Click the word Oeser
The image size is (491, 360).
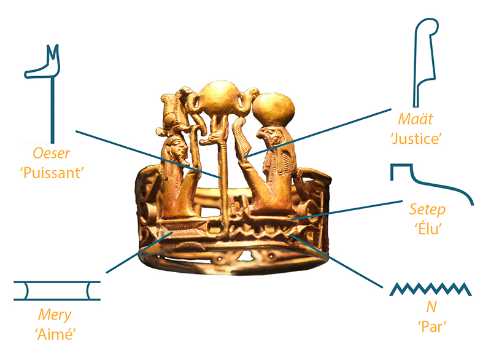(x=52, y=153)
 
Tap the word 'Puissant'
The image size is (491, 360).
(x=52, y=173)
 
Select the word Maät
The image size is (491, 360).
(x=416, y=119)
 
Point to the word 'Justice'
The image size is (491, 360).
(x=416, y=138)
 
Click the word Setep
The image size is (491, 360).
(x=427, y=209)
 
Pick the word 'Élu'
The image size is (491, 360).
(x=428, y=229)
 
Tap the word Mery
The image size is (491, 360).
(x=55, y=315)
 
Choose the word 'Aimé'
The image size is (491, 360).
(x=55, y=334)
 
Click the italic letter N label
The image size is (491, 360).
(x=431, y=307)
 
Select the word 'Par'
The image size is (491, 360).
(x=432, y=326)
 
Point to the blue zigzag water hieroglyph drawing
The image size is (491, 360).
(x=430, y=289)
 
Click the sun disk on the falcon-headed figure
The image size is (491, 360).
(x=273, y=109)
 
